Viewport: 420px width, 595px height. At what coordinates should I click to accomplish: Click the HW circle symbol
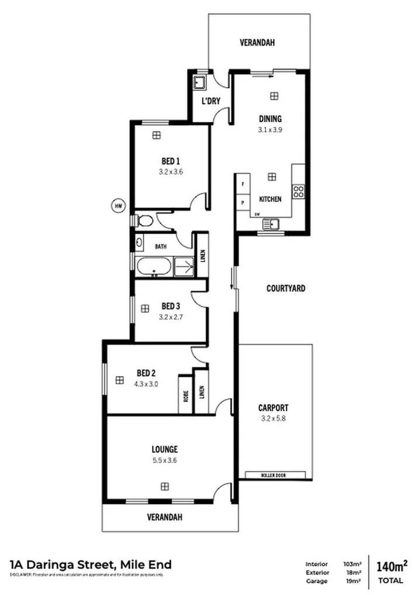point(119,205)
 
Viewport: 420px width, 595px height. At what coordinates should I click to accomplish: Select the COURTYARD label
point(285,288)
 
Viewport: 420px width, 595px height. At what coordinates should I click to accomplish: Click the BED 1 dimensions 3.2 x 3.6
point(171,172)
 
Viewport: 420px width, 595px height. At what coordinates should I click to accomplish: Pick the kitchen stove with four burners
point(298,192)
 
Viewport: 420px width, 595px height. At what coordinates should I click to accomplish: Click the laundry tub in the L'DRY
point(199,81)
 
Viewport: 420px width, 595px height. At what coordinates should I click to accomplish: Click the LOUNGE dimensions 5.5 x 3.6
point(164,460)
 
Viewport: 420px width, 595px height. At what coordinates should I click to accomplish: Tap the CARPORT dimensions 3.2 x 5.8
point(273,419)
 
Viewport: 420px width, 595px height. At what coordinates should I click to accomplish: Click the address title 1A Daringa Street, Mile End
point(91,565)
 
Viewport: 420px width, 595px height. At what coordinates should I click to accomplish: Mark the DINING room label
point(270,119)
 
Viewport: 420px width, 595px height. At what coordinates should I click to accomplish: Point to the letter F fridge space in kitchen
point(242,184)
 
